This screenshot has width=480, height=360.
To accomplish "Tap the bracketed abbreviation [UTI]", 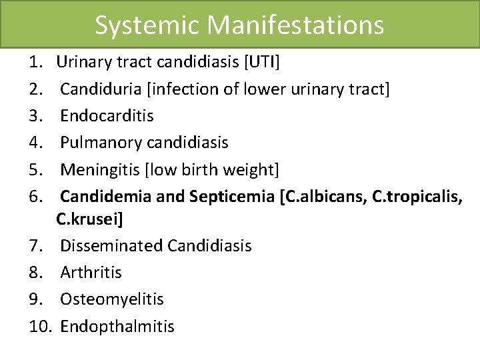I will coord(263,63).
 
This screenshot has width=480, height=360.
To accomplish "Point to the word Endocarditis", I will coord(107,115).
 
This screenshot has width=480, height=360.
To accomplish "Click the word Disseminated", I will coord(111,245).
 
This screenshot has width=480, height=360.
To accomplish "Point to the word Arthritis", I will coord(91,272).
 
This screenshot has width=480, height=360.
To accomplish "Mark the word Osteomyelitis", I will coord(111,299).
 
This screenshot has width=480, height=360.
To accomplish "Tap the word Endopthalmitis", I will coord(117,326).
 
